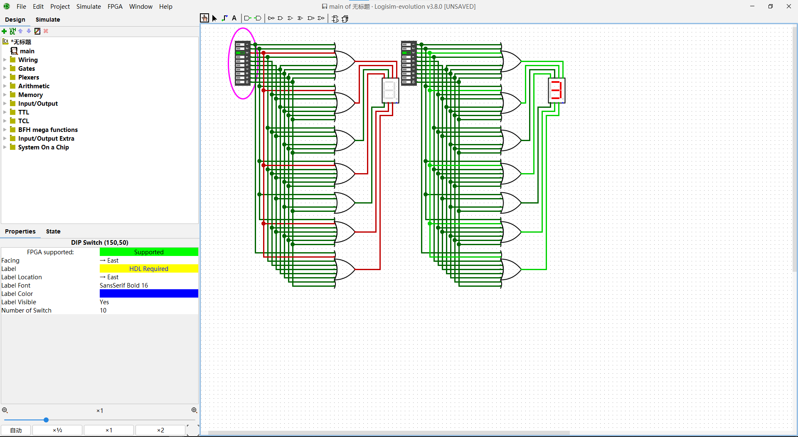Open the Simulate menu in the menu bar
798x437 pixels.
point(89,7)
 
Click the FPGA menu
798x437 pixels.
point(115,7)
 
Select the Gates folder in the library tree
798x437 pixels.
point(27,69)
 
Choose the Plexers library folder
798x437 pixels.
point(28,77)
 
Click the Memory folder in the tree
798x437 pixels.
point(30,95)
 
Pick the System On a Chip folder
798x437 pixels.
point(43,147)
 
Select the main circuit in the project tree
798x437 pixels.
point(27,51)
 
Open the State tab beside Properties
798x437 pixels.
point(53,231)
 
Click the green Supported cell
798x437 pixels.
point(149,252)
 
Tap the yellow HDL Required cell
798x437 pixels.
point(149,269)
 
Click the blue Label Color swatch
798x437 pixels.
point(149,294)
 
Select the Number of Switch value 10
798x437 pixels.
point(103,310)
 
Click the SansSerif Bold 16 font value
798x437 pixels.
point(124,286)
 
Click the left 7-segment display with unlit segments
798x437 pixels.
point(390,90)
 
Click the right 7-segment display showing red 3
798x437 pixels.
point(557,90)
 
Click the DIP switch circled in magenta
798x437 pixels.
point(243,63)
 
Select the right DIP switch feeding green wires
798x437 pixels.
point(409,63)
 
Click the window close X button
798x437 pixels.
point(788,7)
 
